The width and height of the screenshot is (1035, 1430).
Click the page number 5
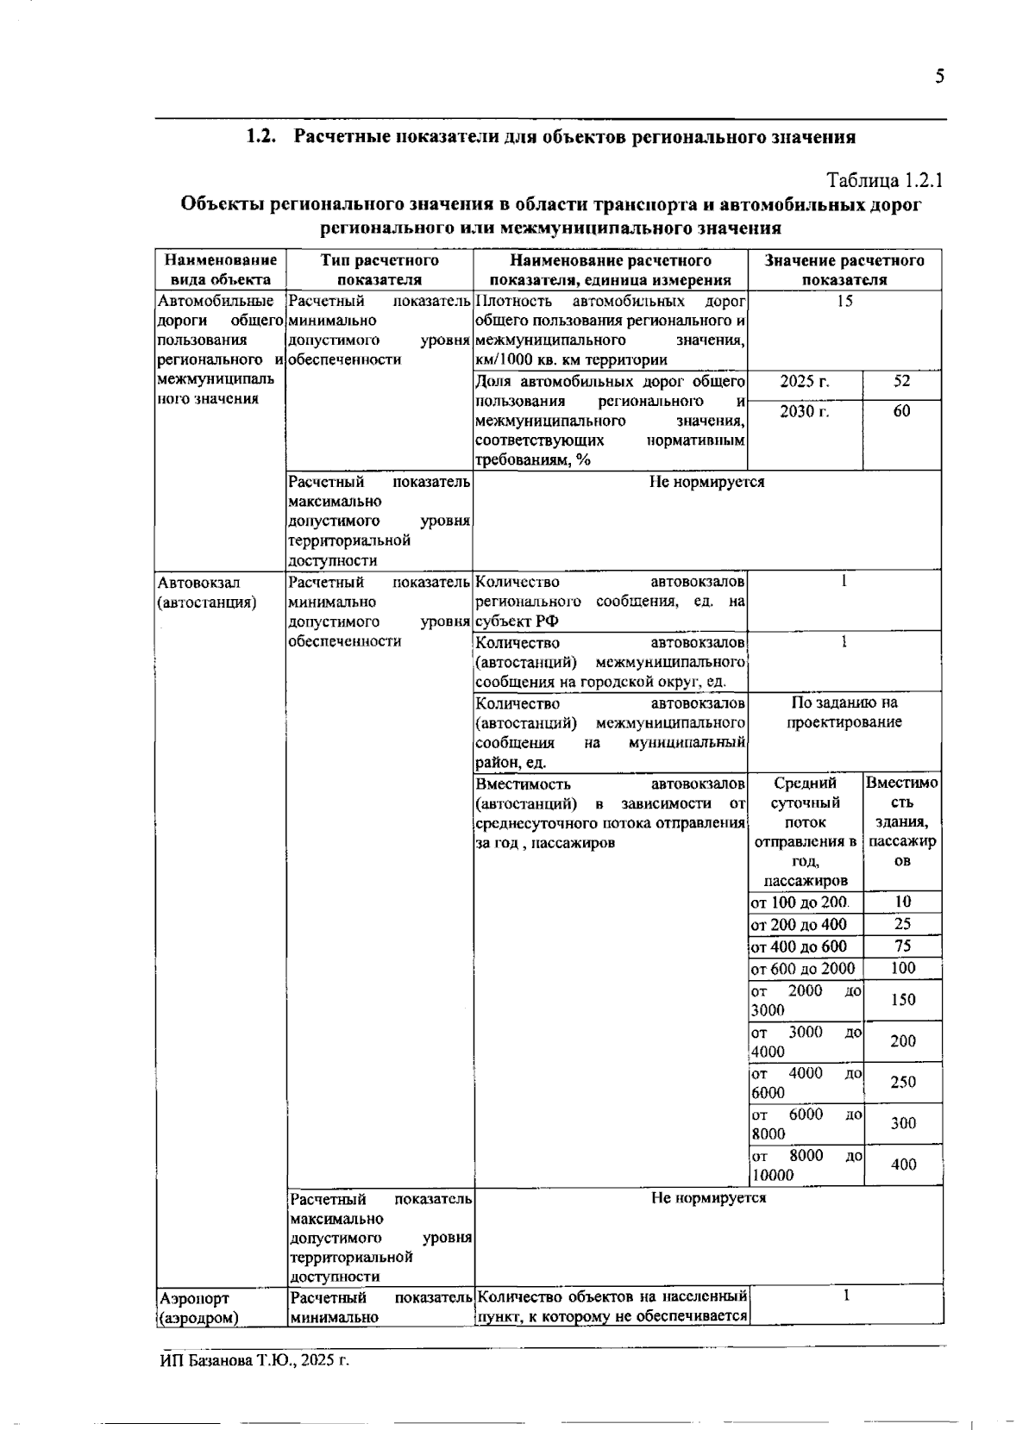[939, 77]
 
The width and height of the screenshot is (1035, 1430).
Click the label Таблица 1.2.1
[885, 181]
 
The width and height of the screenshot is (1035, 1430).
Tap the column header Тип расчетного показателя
[379, 270]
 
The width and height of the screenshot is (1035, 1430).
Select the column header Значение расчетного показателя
[844, 270]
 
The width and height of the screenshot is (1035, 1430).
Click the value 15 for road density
[844, 301]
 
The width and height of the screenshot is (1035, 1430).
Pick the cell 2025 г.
[804, 382]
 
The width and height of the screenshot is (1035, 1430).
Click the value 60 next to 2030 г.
[901, 411]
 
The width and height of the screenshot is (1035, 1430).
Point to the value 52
[901, 382]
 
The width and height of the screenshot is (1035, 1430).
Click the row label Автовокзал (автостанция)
[207, 592]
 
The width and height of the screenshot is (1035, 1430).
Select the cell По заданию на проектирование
[844, 713]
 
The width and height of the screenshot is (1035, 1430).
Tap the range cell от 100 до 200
[800, 902]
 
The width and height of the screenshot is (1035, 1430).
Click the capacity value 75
[902, 946]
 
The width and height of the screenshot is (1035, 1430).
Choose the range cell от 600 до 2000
[803, 968]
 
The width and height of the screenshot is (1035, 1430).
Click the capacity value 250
[902, 1082]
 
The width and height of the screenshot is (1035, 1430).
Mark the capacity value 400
[903, 1165]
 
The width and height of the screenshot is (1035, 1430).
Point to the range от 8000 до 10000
[806, 1165]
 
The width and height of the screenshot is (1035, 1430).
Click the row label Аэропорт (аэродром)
[199, 1308]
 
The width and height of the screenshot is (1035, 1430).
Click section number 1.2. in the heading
[260, 137]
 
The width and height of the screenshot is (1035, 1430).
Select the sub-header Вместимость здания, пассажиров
[901, 822]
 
